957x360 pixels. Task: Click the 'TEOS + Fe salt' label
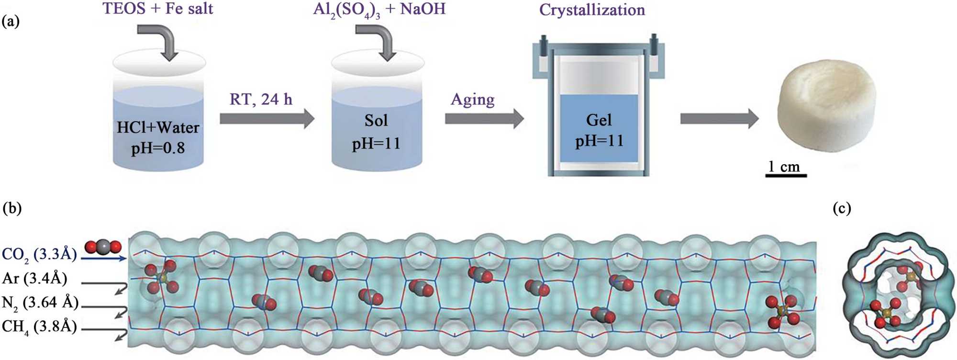coord(158,9)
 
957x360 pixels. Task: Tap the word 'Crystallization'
coord(592,10)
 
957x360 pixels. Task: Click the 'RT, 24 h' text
coord(261,99)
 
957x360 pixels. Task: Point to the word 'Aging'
coord(472,100)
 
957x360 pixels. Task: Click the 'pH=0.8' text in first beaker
coord(158,148)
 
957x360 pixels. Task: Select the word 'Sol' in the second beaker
coord(376,120)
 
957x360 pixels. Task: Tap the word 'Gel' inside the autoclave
coord(599,120)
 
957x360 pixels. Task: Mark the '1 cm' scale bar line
coord(786,176)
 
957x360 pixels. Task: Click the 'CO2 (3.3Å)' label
coord(39,254)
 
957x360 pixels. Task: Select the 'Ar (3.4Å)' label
coord(34,278)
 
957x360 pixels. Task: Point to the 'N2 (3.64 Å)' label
coord(40,303)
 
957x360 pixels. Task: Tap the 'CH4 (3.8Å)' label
coord(39,326)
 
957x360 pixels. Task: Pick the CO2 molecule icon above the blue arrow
coord(103,247)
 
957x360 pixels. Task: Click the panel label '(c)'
coord(842,208)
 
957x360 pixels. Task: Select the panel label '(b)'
coord(12,208)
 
